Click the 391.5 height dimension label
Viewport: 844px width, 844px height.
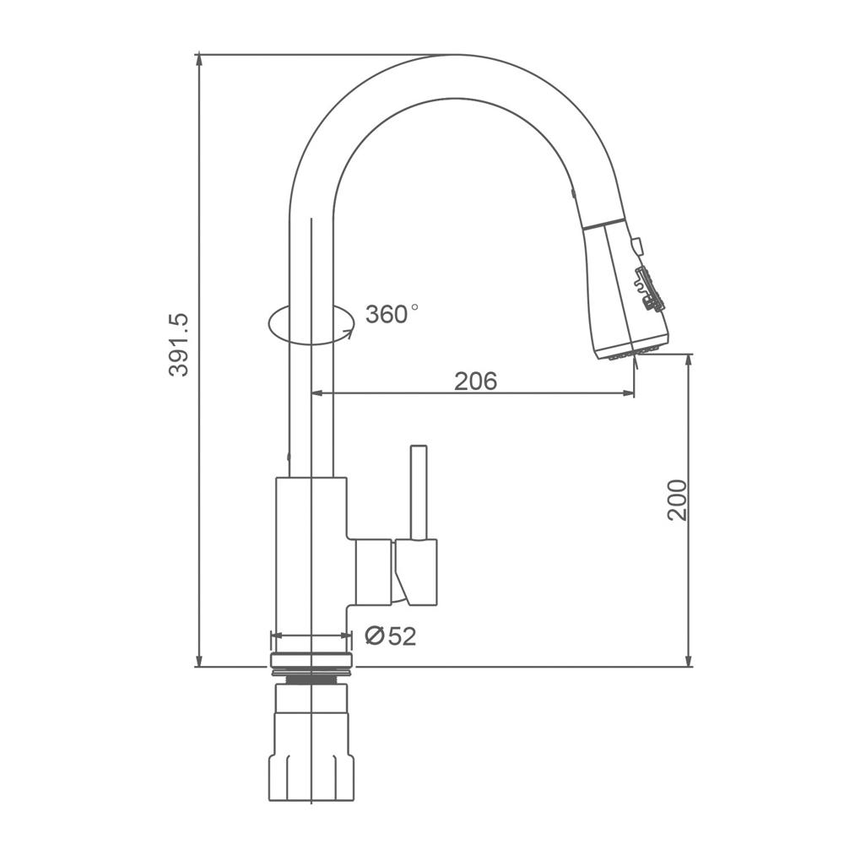coord(179,344)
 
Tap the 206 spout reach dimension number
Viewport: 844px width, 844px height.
coord(476,381)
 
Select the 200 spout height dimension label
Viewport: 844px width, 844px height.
coord(677,500)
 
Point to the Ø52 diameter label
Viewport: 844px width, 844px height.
coord(391,636)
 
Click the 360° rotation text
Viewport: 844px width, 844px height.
coord(392,314)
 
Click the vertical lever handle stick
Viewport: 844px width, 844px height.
coord(419,492)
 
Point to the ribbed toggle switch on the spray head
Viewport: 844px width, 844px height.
coord(650,289)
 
